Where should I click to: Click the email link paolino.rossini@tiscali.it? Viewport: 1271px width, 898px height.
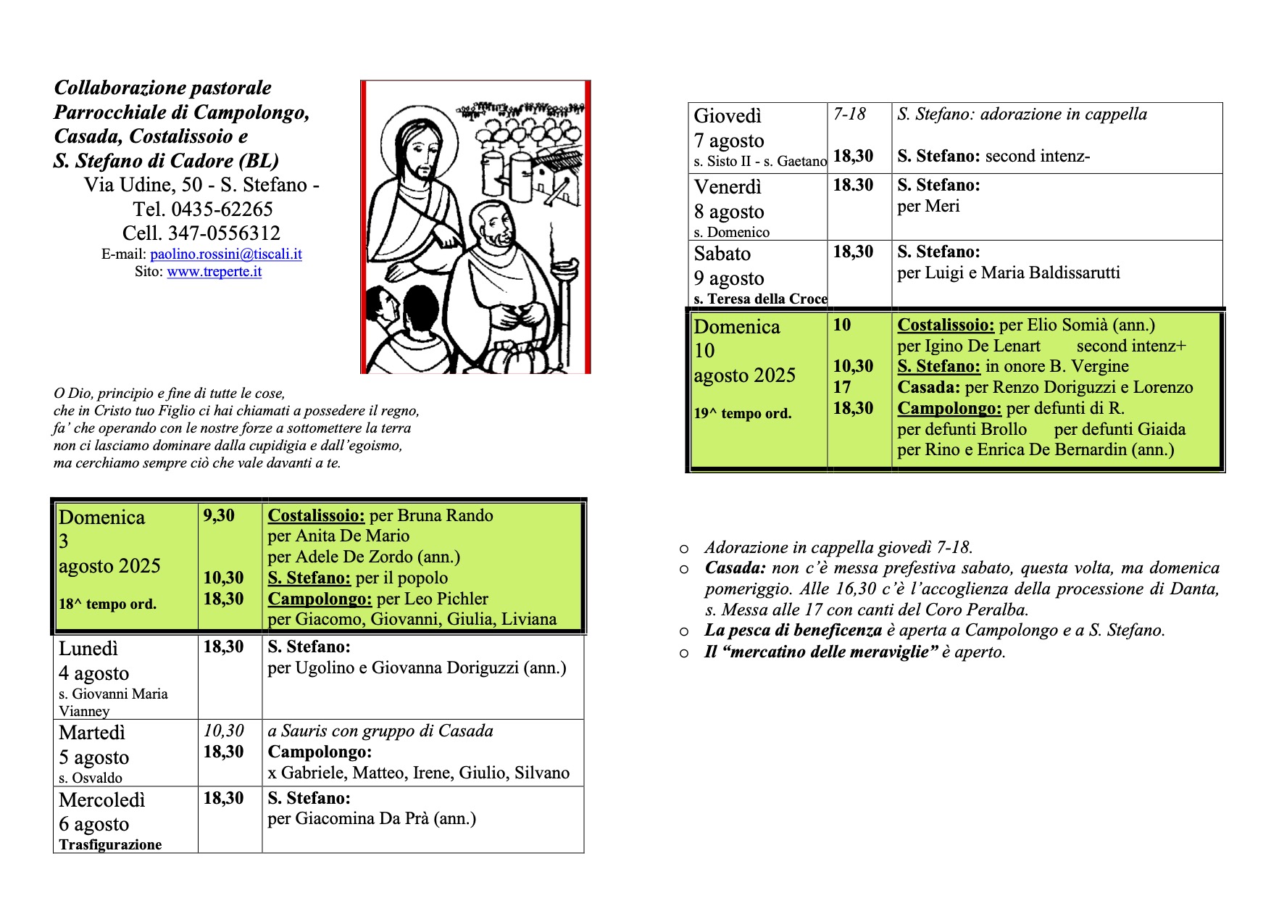pos(225,254)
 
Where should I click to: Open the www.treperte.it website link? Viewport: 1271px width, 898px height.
pos(214,272)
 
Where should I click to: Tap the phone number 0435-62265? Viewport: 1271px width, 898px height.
pos(222,209)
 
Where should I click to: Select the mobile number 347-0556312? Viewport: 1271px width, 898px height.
pos(224,233)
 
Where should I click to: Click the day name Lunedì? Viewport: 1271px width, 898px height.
pos(88,649)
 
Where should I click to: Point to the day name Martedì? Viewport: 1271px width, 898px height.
pos(92,733)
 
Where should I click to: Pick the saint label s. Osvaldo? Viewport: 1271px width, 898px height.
pos(91,778)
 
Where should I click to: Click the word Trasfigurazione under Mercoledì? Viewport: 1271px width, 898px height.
pos(110,844)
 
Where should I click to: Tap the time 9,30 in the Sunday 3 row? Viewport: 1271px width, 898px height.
pos(219,515)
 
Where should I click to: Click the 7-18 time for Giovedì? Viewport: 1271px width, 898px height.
pos(849,114)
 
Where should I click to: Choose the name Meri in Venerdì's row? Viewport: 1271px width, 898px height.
pos(943,207)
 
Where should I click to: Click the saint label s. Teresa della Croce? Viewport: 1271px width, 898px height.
pos(760,299)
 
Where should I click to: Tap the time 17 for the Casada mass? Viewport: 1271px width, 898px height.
pos(842,387)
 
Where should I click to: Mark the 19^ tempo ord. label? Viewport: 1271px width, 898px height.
pos(742,414)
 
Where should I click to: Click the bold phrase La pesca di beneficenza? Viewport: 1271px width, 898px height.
pos(793,631)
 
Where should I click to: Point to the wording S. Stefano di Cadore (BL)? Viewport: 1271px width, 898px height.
pos(166,161)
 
